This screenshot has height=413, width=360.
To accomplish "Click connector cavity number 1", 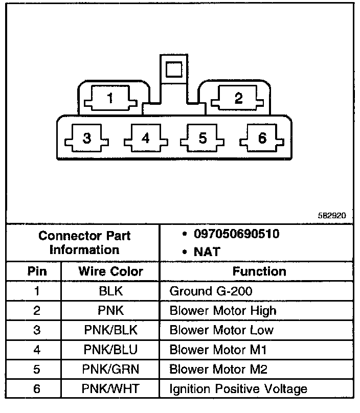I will [x=110, y=98].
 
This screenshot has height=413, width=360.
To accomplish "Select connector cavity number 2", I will [x=238, y=98].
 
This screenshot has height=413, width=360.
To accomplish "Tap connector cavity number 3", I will [x=87, y=138].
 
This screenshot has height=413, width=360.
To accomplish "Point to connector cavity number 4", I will [x=146, y=138].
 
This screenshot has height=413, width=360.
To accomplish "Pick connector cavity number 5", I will [x=203, y=138].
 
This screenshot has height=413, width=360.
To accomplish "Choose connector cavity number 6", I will [x=262, y=138].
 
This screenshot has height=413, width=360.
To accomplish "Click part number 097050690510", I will [x=236, y=235].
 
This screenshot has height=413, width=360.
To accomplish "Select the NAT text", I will [x=207, y=251].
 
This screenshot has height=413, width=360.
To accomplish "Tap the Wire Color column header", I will [x=110, y=271].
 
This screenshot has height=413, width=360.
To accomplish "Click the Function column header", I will [x=259, y=271].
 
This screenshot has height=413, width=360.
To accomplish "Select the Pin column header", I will [x=37, y=271].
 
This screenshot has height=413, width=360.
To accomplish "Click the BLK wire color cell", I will [x=110, y=291].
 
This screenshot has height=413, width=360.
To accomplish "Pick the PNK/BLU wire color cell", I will [x=110, y=350].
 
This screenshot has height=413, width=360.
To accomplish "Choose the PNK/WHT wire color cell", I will [x=110, y=389].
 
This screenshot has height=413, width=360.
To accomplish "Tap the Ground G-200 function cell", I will [x=210, y=291].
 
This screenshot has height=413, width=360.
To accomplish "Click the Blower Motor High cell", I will [x=222, y=311].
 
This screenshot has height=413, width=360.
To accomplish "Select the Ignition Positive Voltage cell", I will [x=238, y=389].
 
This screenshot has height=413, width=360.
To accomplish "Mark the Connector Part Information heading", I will [x=84, y=243].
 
